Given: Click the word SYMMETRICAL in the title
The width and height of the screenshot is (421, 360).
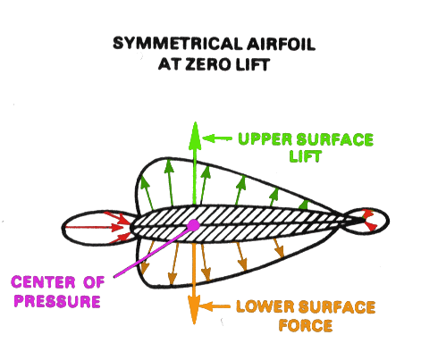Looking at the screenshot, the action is click(177, 44).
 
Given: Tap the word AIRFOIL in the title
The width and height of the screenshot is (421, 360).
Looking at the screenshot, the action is click(281, 44).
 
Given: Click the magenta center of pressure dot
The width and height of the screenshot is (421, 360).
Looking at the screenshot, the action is click(194, 225).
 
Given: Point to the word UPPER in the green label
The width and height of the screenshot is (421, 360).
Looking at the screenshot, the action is click(265, 139).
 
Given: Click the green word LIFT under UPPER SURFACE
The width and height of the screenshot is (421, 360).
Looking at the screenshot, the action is click(306, 156).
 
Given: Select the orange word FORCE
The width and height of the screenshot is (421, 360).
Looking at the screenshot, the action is click(306, 325).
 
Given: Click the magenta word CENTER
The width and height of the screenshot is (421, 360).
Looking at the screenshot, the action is click(43, 282).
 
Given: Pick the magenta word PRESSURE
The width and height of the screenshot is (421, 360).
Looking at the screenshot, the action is click(57, 301).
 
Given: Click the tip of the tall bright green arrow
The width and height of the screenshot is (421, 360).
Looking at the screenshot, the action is click(195, 121).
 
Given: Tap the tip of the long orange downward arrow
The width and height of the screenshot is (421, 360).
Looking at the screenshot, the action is click(194, 324).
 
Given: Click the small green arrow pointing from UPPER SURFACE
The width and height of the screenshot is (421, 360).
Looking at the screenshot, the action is click(217, 138).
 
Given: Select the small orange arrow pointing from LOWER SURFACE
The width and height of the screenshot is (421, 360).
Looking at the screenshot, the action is click(215, 306).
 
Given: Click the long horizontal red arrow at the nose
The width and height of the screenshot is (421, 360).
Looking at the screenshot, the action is click(94, 228).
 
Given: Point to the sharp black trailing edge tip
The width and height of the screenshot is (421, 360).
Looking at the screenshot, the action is click(366, 221).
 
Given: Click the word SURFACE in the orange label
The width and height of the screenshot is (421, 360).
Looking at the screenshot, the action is click(337, 306).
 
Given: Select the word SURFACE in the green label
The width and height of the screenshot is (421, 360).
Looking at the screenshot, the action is click(335, 139).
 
